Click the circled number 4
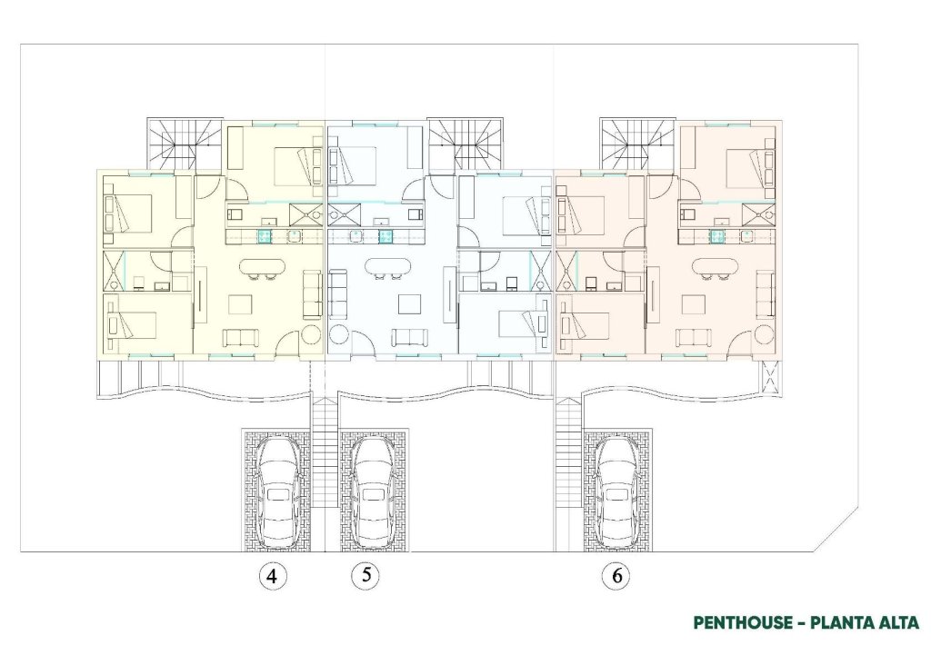pyautogui.click(x=271, y=575)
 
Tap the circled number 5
pyautogui.click(x=365, y=575)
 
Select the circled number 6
pyautogui.click(x=616, y=575)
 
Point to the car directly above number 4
pyautogui.click(x=277, y=491)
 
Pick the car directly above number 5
pyautogui.click(x=373, y=491)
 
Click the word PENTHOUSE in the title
pyautogui.click(x=743, y=623)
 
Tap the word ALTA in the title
pyautogui.click(x=896, y=623)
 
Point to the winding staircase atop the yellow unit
pyautogui.click(x=185, y=143)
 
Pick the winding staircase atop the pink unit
pyautogui.click(x=636, y=143)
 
